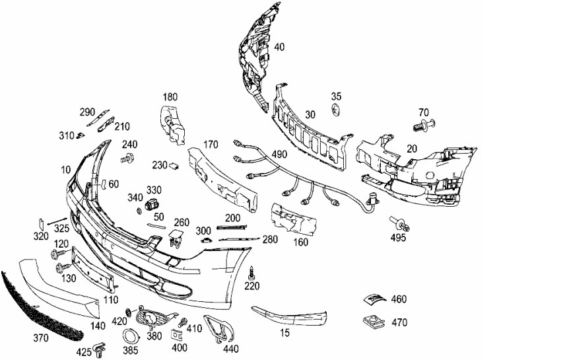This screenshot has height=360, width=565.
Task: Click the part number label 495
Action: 398,237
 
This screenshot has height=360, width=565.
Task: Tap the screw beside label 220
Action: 251,273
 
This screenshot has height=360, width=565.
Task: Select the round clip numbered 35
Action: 335,109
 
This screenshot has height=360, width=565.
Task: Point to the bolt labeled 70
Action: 424,125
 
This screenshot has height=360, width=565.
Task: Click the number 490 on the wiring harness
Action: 279,155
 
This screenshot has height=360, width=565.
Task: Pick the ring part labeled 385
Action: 130,337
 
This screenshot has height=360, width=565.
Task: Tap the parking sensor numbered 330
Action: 152,204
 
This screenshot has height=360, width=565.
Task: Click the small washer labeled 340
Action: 139,210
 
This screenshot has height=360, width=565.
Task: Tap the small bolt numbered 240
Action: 127,158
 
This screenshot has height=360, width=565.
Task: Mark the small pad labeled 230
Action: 174,166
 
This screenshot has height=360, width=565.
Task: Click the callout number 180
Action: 170,96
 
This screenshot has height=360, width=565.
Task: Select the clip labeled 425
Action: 99,347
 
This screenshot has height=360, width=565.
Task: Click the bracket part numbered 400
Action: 177,335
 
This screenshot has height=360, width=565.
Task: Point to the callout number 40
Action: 279,47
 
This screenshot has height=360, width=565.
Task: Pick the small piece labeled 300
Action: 206,240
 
